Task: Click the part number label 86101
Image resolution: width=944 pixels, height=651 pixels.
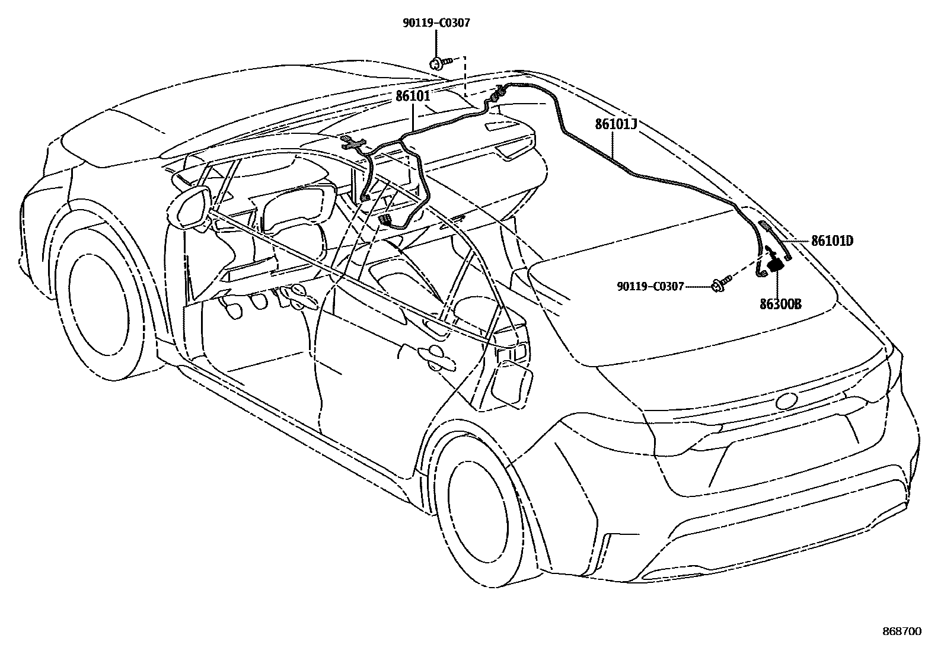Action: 413,96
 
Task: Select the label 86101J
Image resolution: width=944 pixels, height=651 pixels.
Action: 616,124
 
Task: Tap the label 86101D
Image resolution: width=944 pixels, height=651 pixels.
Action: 832,241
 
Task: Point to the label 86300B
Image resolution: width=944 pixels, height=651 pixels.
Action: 780,304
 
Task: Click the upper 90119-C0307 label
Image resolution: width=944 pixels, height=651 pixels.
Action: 436,23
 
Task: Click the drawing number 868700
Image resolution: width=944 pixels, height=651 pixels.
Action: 901,632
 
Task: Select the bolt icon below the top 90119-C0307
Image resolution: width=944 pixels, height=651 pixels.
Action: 439,62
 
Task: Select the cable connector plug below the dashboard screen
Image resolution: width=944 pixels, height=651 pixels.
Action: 385,221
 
